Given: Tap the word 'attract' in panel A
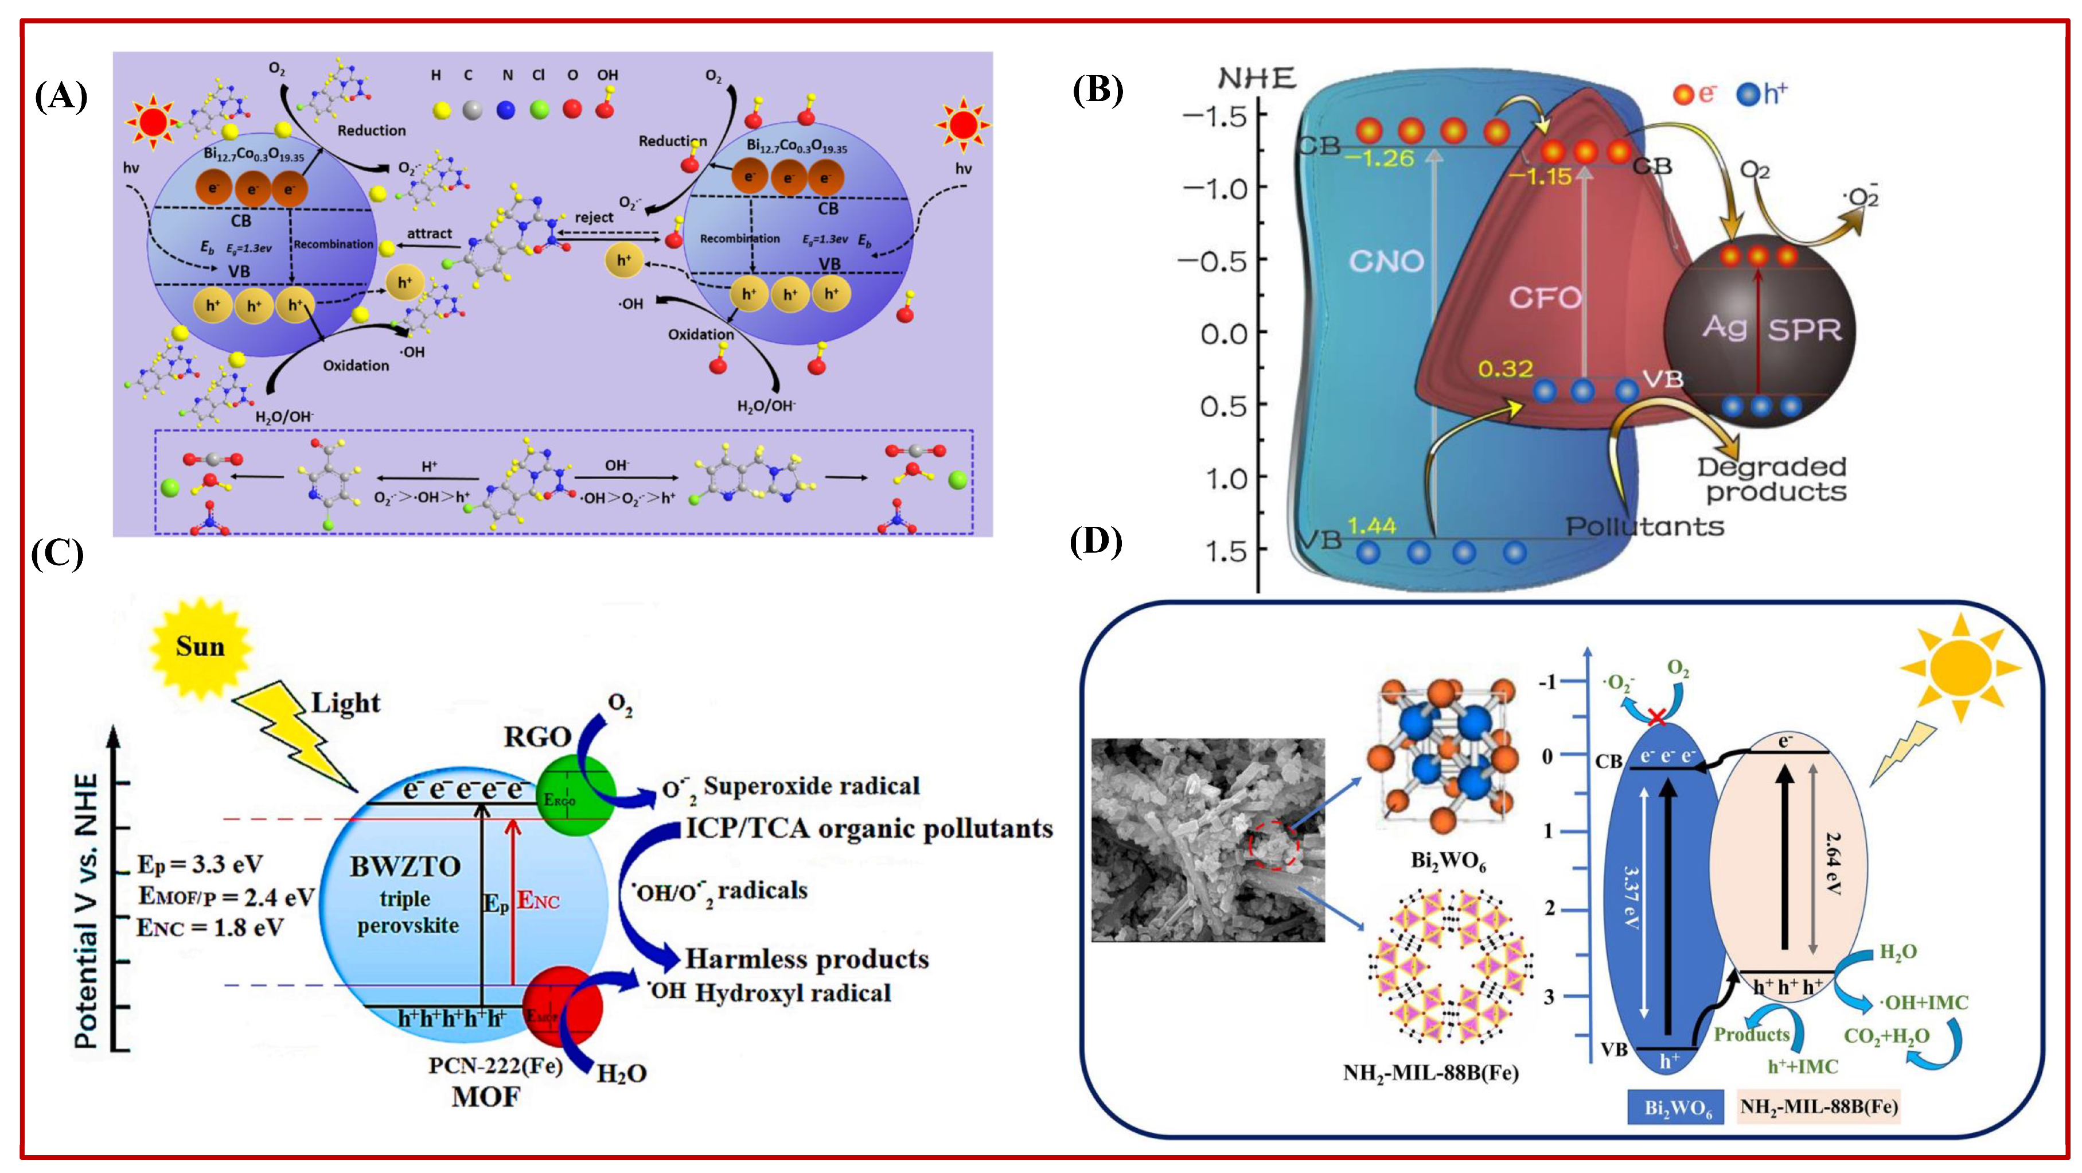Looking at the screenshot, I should click(x=429, y=234).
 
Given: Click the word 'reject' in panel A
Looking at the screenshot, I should click(x=594, y=217).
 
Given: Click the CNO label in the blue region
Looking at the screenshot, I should click(x=1387, y=261).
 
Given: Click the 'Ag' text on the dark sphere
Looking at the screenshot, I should click(x=1724, y=328).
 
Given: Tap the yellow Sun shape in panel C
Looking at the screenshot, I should click(x=200, y=647).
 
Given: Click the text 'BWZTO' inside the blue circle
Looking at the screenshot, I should click(x=405, y=867).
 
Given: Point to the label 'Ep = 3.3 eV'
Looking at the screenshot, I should click(x=200, y=864).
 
